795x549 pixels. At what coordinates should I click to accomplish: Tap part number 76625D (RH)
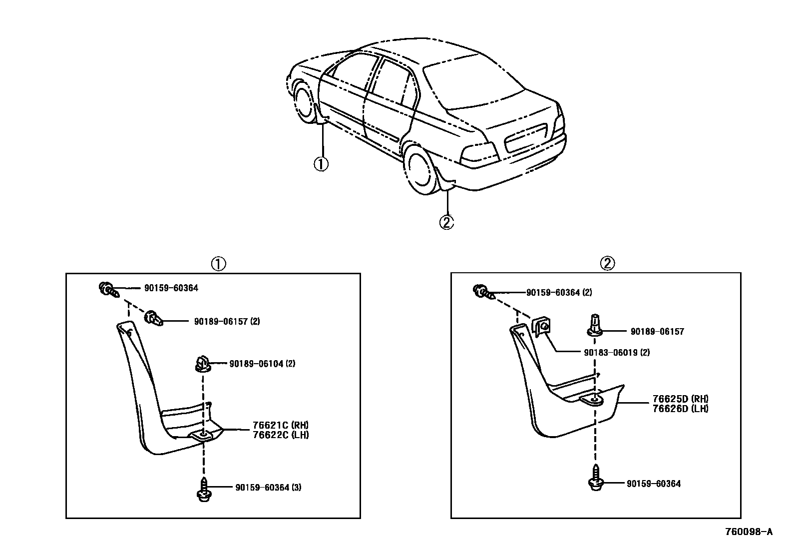pos(680,399)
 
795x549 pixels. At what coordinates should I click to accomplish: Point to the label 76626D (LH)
pos(680,408)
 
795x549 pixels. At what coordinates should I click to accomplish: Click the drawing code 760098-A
pos(749,532)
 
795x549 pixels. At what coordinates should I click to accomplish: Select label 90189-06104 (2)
pos(262,364)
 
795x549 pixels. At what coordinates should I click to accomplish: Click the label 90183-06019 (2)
pos(617,352)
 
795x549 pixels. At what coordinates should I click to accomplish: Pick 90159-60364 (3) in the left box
pos(268,487)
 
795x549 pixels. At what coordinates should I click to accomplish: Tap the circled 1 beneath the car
pos(321,163)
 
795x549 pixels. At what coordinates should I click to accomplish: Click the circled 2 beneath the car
pos(446,221)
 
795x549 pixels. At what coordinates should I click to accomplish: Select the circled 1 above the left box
pos(218,263)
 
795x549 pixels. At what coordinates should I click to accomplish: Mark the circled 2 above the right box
pos(608,263)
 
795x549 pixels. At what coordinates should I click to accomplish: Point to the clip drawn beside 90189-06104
pos(202,363)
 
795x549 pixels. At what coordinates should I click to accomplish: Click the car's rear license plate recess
pos(525,137)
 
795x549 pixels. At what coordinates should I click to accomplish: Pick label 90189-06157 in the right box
pos(657,331)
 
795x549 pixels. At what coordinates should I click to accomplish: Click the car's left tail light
pos(479,153)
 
